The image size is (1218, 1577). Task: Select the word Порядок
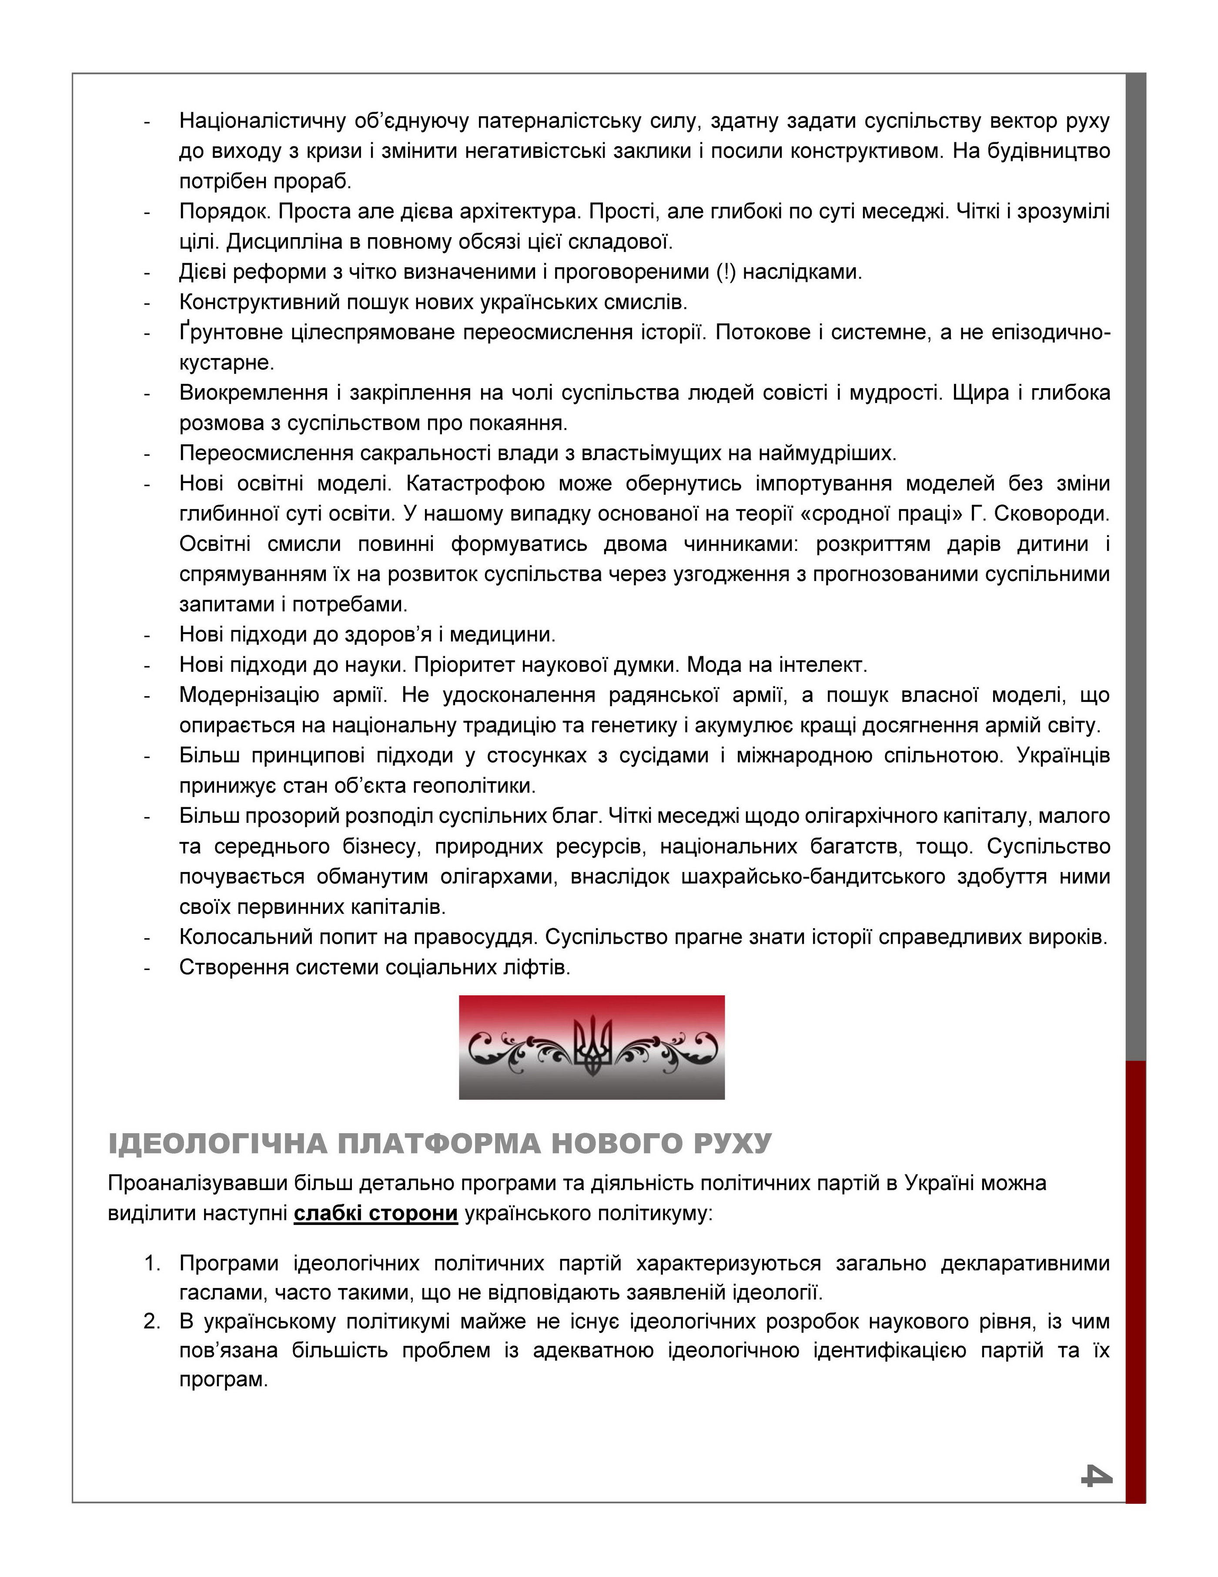click(224, 211)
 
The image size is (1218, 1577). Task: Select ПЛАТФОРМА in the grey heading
click(438, 1144)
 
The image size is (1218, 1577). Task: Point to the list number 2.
click(152, 1322)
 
